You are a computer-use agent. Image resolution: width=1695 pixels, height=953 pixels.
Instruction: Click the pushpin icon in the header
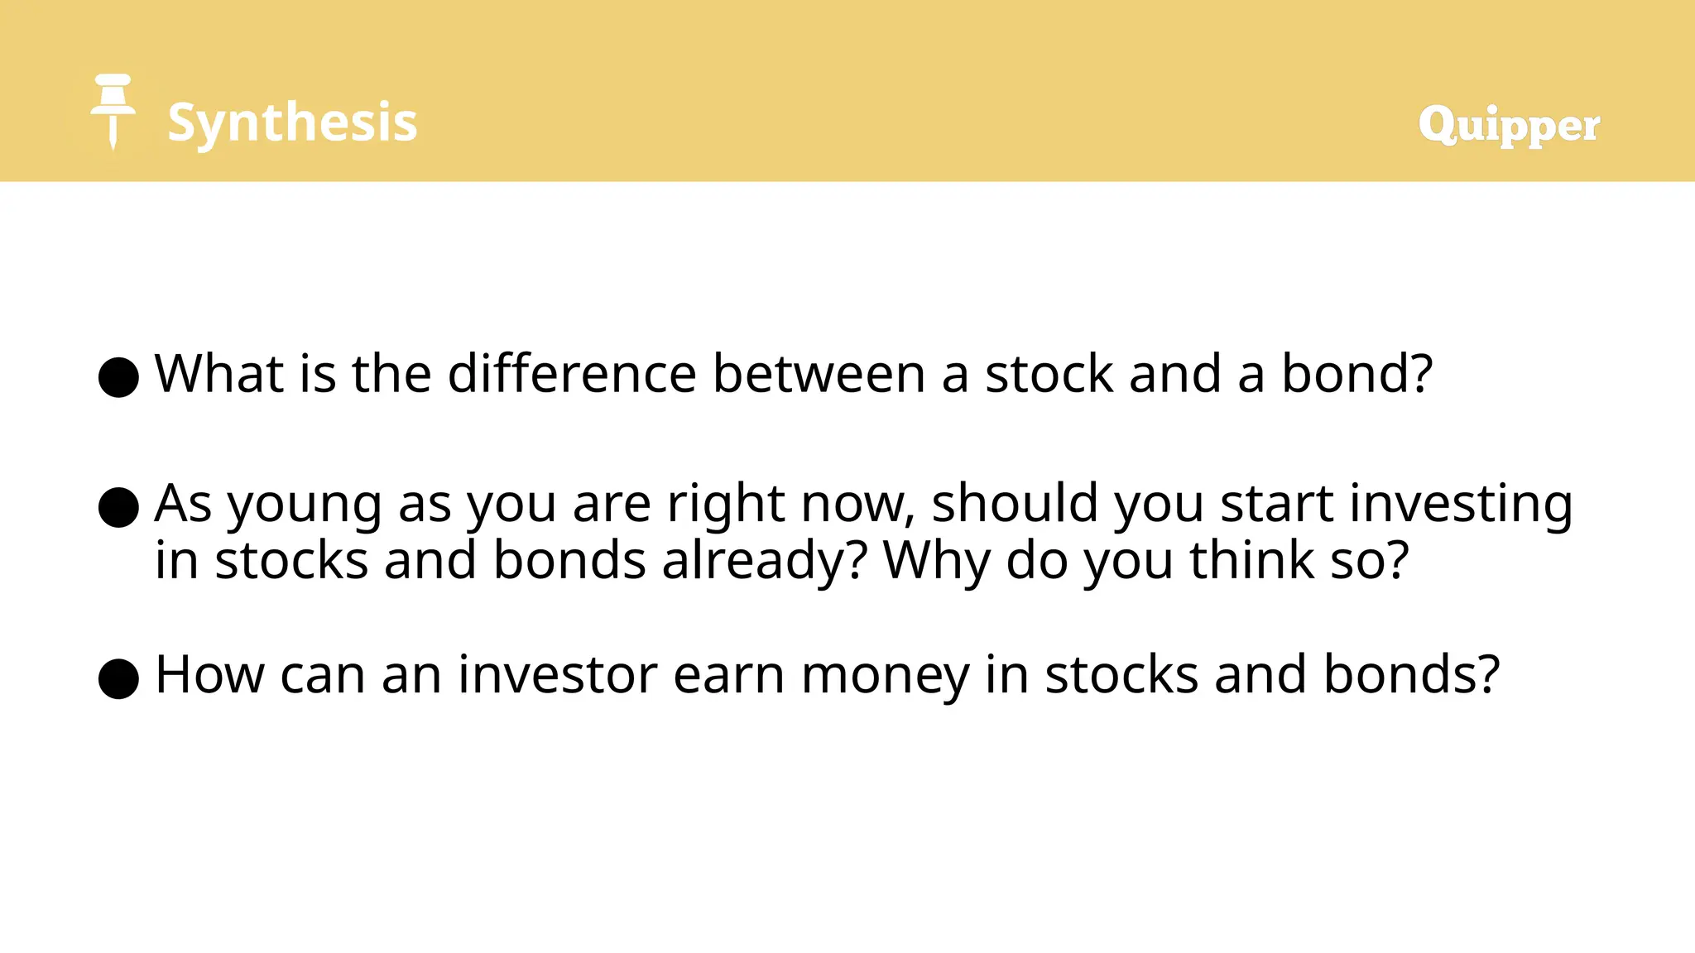[113, 112]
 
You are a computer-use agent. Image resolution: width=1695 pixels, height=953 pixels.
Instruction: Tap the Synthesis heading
[292, 122]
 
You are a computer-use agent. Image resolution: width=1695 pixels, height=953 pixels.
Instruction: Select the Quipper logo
[1509, 126]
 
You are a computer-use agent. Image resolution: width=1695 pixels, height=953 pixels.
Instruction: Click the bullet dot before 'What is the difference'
[118, 377]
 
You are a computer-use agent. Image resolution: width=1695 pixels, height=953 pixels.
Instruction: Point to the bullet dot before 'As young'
[118, 507]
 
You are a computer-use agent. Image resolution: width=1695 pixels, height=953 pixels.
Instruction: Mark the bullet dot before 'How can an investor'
[118, 679]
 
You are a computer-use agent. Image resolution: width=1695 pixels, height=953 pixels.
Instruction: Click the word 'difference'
[572, 374]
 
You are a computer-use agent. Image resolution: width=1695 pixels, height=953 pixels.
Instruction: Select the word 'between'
[819, 374]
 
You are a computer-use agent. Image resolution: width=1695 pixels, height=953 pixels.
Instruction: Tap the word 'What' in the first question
[220, 374]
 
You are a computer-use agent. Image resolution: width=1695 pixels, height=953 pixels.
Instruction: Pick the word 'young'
[305, 505]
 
